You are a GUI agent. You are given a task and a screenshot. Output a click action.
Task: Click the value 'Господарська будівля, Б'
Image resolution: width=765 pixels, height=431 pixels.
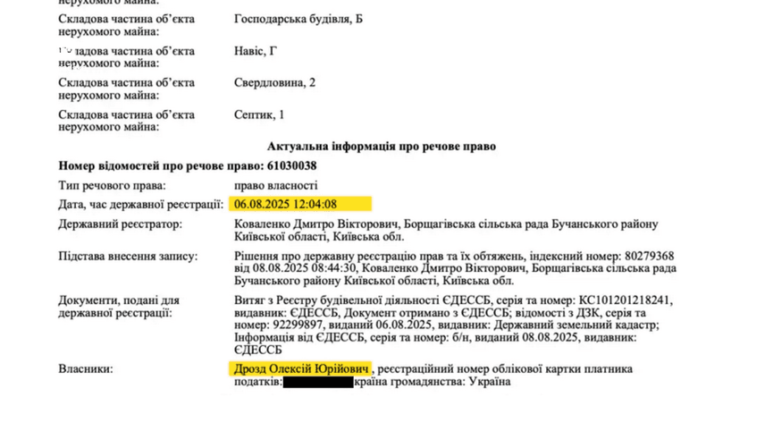298,19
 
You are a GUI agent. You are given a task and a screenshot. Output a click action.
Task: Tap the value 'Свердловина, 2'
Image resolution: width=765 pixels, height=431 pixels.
274,83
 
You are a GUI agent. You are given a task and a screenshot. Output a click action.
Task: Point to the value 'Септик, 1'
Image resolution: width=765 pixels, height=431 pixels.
259,115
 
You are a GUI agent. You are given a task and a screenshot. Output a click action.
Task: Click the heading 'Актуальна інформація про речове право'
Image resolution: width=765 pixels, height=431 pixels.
382,146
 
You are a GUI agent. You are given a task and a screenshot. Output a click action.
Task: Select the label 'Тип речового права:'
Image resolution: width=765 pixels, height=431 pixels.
113,185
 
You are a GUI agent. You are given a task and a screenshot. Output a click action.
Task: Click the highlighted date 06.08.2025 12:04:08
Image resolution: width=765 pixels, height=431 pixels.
286,204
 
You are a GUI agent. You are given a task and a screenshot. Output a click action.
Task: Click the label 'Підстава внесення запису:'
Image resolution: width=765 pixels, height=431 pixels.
127,257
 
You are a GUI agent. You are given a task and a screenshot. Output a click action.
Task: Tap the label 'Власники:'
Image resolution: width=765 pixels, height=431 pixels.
86,369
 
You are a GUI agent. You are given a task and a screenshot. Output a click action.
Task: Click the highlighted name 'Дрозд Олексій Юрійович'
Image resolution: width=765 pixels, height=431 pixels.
301,369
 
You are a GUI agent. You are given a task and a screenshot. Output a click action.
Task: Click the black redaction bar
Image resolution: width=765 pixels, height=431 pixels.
317,383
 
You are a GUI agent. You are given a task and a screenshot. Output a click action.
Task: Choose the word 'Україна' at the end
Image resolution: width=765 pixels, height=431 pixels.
488,383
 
